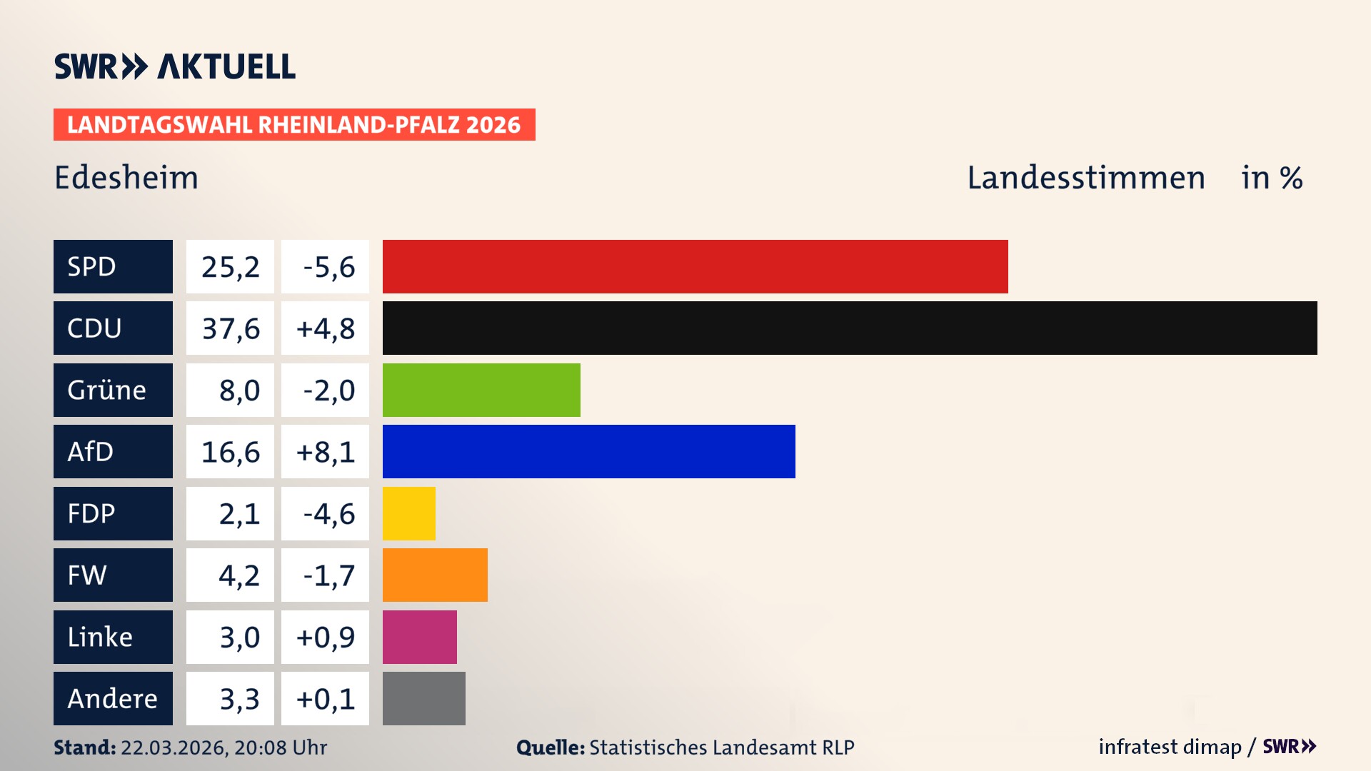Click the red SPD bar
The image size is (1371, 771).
[x=695, y=266]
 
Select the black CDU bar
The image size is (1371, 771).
[x=850, y=328]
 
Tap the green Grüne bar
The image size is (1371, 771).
[x=481, y=390]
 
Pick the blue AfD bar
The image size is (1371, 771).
[x=588, y=451]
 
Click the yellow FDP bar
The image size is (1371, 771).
[x=408, y=513]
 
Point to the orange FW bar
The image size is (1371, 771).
[x=435, y=575]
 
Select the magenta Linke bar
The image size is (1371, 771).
[x=419, y=637]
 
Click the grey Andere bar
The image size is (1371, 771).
[x=423, y=698]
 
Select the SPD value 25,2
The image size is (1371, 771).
[x=230, y=267]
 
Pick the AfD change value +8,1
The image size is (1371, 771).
[x=325, y=452]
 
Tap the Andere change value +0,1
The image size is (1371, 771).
[x=325, y=699]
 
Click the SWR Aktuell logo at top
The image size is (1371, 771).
[x=174, y=66]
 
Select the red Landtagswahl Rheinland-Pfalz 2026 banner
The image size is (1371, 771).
[x=293, y=125]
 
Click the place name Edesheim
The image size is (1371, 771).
[x=126, y=178]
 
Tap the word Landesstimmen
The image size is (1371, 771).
[x=1085, y=178]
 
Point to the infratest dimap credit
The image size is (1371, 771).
[x=1169, y=747]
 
